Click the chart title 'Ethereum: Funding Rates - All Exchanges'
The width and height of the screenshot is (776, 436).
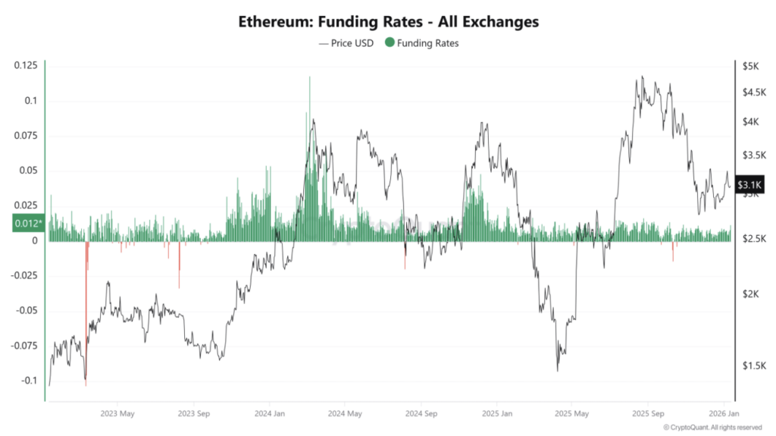click(x=388, y=22)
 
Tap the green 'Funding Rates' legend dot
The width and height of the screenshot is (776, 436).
click(x=390, y=43)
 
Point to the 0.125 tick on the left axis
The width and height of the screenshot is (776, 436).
click(x=26, y=66)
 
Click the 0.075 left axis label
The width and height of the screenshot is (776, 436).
click(x=26, y=136)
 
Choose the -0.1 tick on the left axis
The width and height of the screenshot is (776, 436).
click(x=29, y=380)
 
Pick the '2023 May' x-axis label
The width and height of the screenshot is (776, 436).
click(x=117, y=414)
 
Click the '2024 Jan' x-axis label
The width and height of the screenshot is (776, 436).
click(x=270, y=414)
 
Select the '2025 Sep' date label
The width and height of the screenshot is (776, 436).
click(x=648, y=414)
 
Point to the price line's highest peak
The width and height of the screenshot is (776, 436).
click(x=642, y=77)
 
